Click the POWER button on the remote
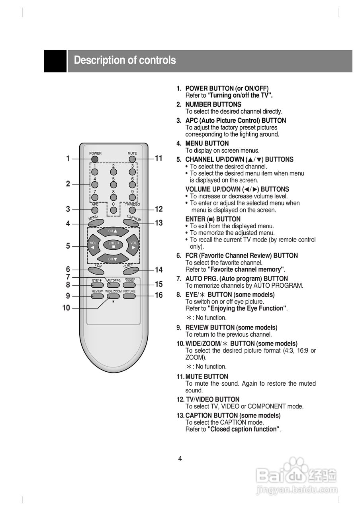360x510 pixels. click(94, 159)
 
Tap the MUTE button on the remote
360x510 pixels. click(132, 159)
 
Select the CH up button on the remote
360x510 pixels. click(113, 231)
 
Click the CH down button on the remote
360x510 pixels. click(113, 259)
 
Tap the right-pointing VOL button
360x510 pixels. click(133, 245)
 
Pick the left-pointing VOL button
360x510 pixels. click(94, 245)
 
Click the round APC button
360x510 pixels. click(95, 210)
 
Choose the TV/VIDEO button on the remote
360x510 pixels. click(132, 210)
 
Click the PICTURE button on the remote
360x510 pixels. click(129, 296)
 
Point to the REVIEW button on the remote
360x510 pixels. click(97, 296)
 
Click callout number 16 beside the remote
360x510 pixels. click(159, 295)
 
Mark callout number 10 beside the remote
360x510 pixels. click(66, 308)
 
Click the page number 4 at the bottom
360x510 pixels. click(180, 459)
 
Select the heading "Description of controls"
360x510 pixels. click(125, 61)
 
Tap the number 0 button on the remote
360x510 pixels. click(113, 210)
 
